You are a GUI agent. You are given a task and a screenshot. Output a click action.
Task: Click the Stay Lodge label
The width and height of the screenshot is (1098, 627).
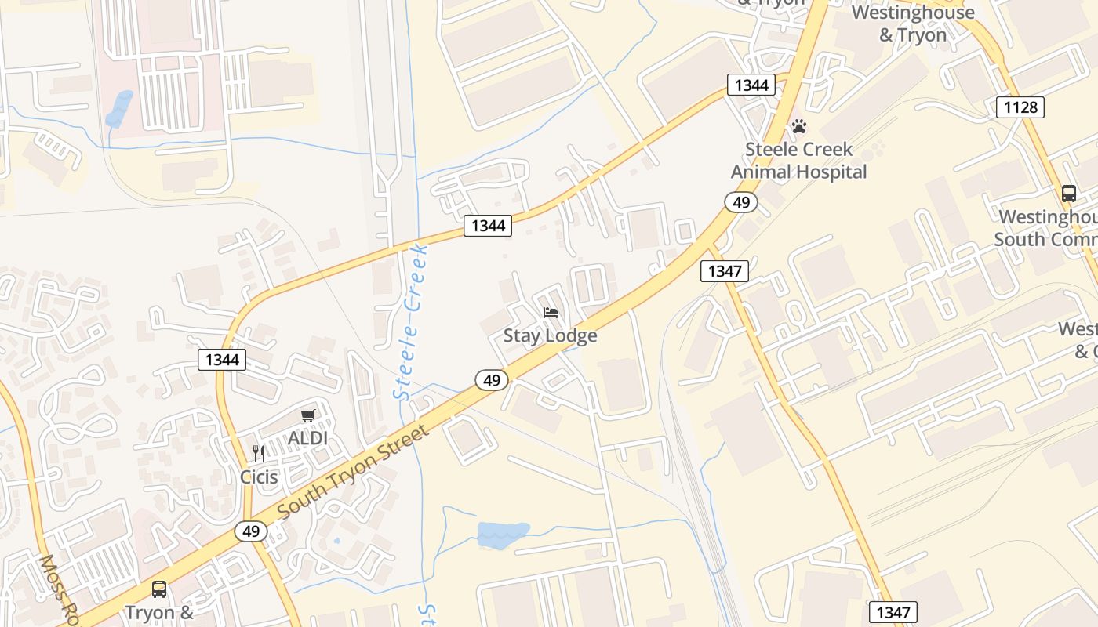point(550,335)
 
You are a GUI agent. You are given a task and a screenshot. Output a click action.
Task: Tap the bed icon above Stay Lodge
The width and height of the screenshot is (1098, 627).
point(551,313)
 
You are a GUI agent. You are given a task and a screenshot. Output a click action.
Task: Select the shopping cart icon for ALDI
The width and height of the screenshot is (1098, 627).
point(307,415)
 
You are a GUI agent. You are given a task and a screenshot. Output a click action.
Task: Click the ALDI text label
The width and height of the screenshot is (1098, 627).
point(307,438)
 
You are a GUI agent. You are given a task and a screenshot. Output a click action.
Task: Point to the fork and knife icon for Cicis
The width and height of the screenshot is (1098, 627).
point(259,453)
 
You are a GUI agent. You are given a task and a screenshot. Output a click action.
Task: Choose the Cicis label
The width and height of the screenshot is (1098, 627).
point(259,477)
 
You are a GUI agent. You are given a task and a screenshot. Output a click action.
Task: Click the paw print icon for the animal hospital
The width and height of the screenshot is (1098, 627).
point(798,126)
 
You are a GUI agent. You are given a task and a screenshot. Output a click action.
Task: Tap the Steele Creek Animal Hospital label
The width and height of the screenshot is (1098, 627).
point(799,161)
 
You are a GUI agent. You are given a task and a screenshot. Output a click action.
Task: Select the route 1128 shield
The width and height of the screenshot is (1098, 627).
point(1020,107)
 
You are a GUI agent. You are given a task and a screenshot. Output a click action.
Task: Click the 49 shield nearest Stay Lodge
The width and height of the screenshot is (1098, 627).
point(492,380)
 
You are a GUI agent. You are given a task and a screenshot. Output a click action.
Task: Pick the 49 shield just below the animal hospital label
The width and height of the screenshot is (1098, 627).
point(740,202)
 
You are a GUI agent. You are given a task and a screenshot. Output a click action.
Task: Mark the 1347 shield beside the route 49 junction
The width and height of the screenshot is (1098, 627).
point(724,271)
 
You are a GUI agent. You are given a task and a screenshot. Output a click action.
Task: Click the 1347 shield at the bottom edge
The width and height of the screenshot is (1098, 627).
point(893,612)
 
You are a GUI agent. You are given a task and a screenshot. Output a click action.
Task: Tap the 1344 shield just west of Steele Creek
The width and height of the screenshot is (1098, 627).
point(488,226)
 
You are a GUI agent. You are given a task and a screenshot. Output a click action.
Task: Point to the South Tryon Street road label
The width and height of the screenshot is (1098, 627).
point(354,470)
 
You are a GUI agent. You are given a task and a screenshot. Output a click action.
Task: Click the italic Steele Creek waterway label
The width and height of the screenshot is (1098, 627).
point(412,322)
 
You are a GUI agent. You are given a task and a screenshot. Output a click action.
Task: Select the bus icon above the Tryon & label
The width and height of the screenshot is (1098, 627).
point(159,589)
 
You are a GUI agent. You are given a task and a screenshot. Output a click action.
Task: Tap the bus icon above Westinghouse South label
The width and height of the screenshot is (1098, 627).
point(1068,194)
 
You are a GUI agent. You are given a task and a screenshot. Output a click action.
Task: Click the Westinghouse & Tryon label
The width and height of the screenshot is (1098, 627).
point(912,24)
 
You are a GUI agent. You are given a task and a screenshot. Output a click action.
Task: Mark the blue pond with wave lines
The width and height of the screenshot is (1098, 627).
point(503,535)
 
